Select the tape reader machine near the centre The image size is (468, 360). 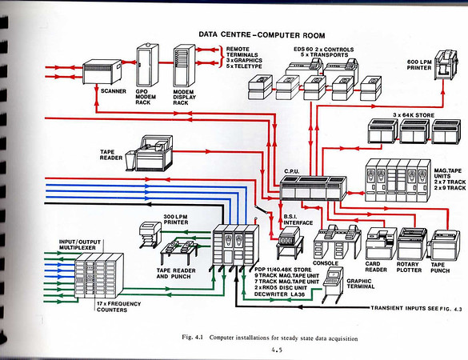158,155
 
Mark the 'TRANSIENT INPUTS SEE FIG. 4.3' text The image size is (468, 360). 409,308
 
